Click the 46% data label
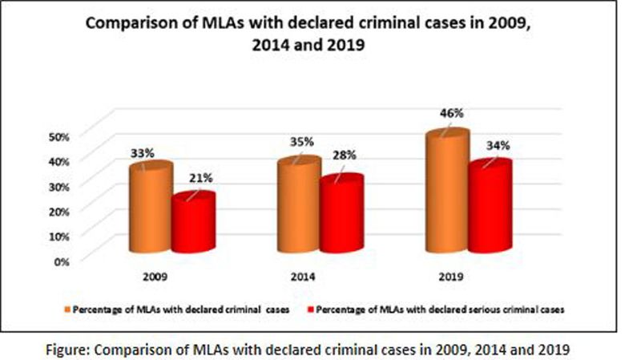pos(453,114)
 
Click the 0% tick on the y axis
pos(62,260)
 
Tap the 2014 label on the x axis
pos(304,277)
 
